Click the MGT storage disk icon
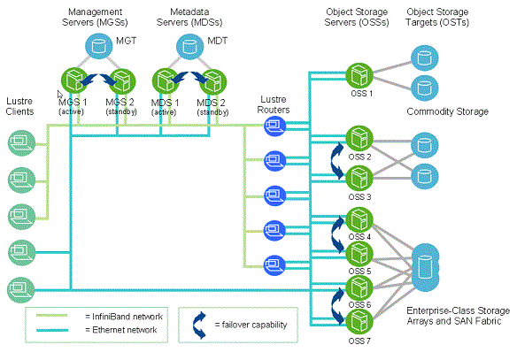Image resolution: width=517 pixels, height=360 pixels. [x=99, y=46]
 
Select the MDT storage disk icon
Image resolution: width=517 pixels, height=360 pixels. [x=189, y=46]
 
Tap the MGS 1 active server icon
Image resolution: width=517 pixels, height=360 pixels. [x=74, y=81]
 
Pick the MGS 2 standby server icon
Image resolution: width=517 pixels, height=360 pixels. [x=122, y=81]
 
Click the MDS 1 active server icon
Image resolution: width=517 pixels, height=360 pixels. [x=166, y=81]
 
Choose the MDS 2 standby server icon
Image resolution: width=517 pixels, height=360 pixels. [x=213, y=82]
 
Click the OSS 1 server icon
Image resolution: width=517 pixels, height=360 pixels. [x=359, y=76]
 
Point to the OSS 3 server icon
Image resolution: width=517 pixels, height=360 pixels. [x=359, y=178]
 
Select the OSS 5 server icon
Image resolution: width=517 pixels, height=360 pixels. [x=359, y=254]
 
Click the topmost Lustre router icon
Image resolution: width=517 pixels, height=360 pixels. [x=275, y=126]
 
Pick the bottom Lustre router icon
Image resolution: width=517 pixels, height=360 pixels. [x=275, y=264]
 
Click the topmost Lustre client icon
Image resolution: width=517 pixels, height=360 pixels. [x=21, y=143]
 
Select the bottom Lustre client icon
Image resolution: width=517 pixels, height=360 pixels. [x=21, y=290]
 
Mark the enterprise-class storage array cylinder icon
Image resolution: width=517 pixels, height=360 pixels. [x=425, y=267]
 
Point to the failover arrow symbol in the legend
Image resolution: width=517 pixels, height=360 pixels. [x=200, y=326]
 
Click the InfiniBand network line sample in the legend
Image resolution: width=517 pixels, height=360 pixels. [x=51, y=316]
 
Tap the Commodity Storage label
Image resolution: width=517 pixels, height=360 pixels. [x=447, y=111]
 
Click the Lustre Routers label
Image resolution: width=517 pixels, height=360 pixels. [x=274, y=104]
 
